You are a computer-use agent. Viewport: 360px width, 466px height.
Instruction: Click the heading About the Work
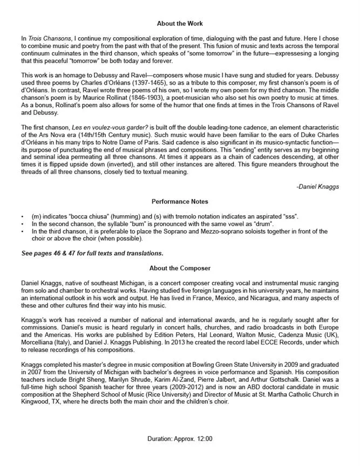click(180, 24)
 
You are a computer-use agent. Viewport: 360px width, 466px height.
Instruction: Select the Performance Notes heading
click(180, 201)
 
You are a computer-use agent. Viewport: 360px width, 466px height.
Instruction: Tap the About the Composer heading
click(180, 268)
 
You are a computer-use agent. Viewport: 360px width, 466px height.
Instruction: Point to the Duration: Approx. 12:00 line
click(180, 439)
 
